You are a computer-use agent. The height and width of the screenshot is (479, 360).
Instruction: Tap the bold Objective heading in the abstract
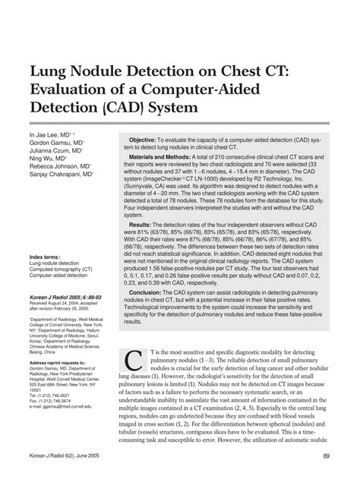(x=142, y=141)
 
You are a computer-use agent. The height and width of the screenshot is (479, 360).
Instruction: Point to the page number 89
(x=326, y=455)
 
